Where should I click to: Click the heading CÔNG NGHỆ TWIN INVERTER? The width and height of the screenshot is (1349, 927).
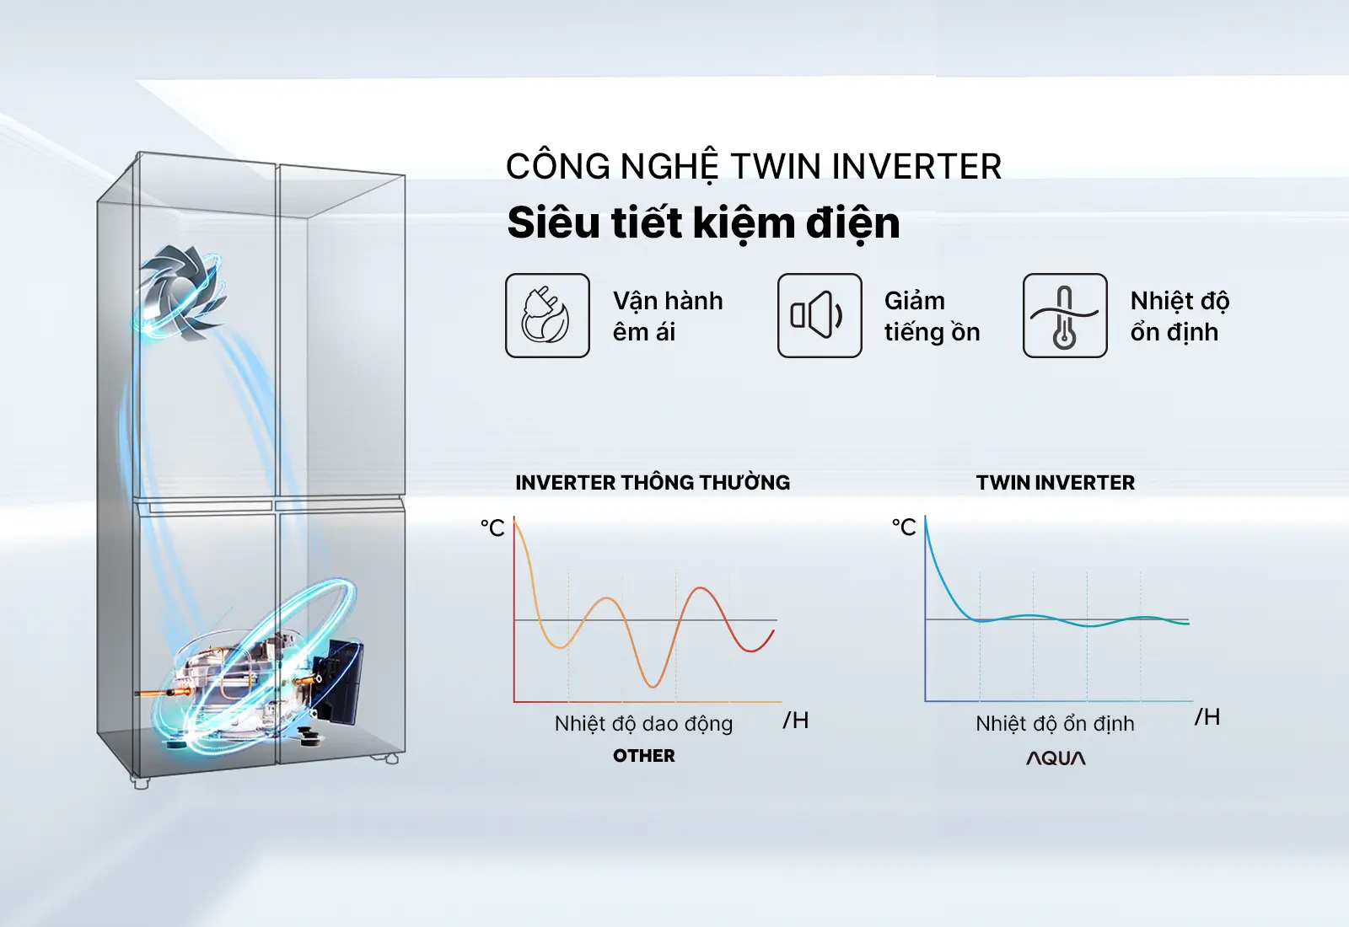click(754, 167)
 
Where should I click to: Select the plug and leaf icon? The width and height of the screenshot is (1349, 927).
click(547, 315)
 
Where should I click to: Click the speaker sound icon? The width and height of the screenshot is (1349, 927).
click(819, 315)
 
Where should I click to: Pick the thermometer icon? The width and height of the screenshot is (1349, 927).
click(1065, 315)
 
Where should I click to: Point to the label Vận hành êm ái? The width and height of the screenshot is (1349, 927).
click(668, 316)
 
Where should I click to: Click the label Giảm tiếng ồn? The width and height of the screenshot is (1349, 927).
click(932, 316)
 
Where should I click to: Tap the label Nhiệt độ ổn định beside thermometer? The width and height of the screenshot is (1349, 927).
click(1180, 316)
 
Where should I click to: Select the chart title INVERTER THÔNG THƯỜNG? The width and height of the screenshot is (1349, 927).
click(653, 481)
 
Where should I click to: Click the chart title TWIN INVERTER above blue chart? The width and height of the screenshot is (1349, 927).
click(1056, 482)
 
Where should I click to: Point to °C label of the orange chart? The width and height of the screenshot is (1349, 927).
click(492, 528)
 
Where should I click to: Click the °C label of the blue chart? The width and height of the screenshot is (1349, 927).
click(904, 528)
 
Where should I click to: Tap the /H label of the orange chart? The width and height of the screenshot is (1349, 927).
click(796, 720)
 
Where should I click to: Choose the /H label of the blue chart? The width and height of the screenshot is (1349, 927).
click(1207, 717)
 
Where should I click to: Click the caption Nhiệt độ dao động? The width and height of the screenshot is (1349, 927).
click(644, 724)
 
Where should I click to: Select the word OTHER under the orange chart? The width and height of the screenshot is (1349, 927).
click(644, 755)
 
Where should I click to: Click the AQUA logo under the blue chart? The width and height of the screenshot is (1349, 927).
click(1056, 758)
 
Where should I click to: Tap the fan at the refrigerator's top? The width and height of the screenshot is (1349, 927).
click(180, 292)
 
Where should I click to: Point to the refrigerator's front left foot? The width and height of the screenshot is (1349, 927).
click(140, 783)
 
